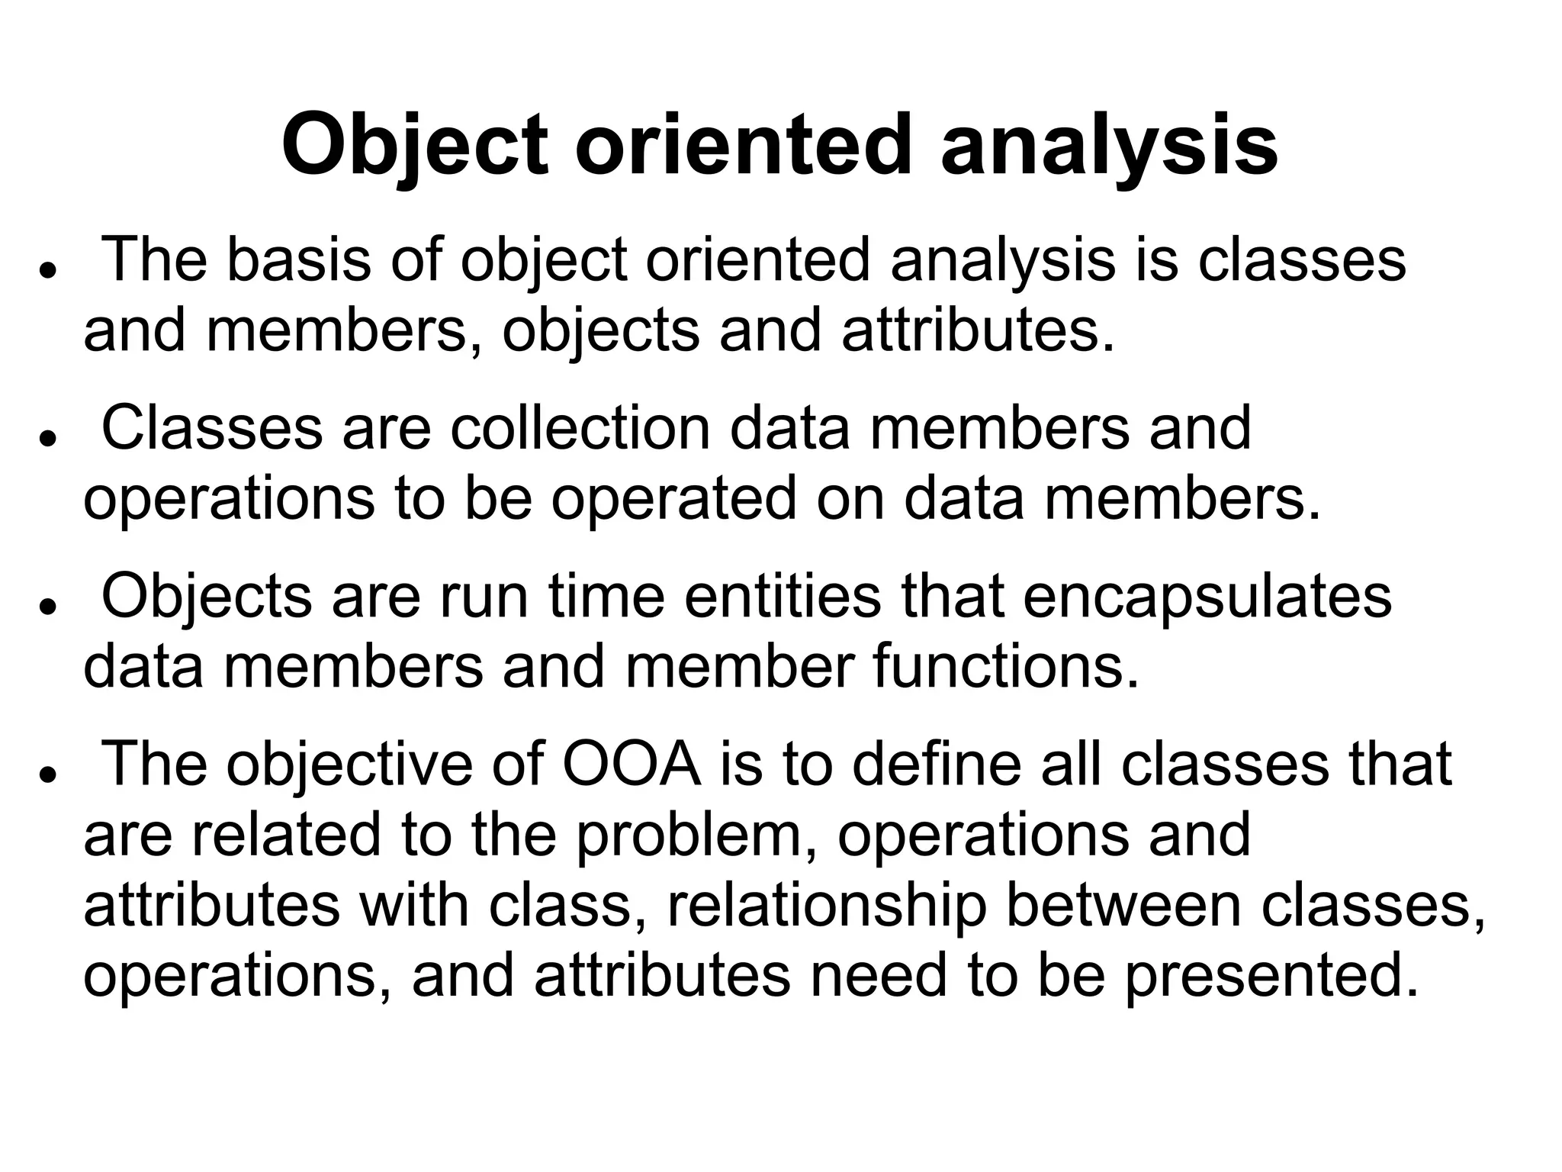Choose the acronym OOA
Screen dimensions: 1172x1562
(x=632, y=764)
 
